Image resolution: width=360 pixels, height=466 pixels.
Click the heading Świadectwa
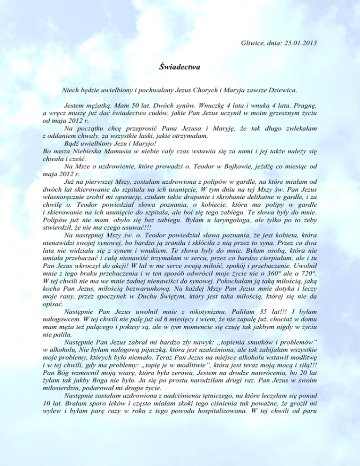tap(180, 67)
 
